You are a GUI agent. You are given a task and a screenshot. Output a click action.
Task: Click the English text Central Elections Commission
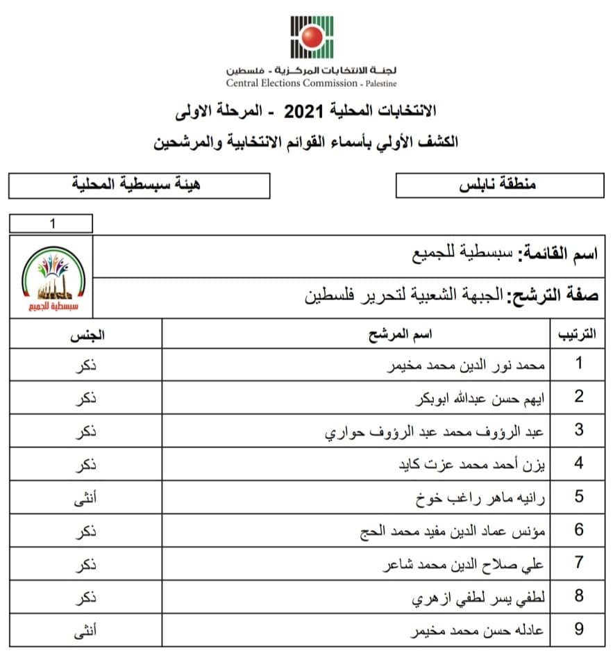292,83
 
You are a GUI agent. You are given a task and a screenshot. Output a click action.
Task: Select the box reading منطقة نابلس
499,186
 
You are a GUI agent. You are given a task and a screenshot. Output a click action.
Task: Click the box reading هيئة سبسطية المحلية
139,186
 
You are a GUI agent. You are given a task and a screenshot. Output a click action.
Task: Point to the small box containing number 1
51,224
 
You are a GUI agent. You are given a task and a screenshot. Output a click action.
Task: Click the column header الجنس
87,335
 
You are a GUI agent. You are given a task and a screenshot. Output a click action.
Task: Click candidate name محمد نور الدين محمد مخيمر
467,364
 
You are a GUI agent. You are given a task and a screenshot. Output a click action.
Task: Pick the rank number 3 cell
578,430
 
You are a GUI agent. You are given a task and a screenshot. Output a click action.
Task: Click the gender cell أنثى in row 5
86,497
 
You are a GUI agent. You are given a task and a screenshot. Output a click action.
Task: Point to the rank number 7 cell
578,563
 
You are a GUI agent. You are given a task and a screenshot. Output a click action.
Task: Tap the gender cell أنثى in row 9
86,630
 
